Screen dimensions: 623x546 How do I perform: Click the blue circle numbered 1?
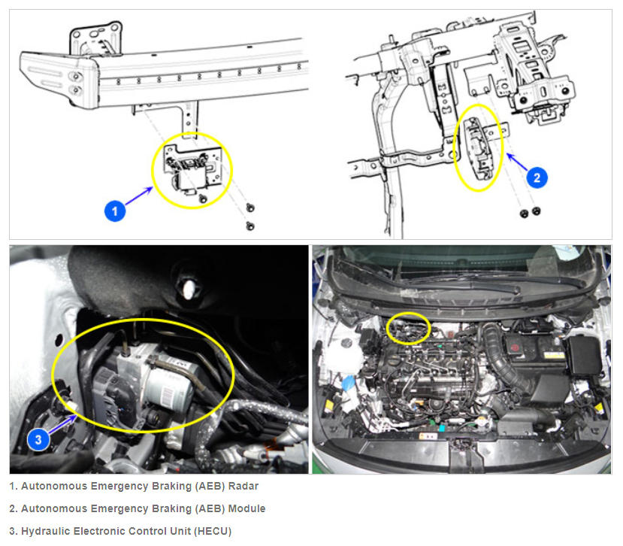(x=115, y=211)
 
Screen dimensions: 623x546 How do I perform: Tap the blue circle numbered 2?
(x=537, y=177)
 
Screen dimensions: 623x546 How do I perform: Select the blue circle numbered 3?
(x=38, y=440)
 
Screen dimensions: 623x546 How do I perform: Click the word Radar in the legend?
(x=243, y=486)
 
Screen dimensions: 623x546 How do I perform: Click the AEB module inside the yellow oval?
(x=479, y=149)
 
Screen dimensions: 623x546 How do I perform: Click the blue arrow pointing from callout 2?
(x=518, y=162)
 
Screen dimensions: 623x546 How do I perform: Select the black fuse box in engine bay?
(x=585, y=356)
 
